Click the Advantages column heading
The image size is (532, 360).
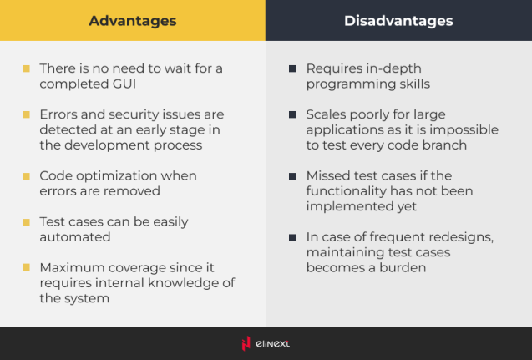click(x=133, y=21)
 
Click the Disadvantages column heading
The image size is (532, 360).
click(x=398, y=21)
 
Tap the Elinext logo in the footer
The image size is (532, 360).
click(x=266, y=343)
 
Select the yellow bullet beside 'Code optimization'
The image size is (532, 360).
click(x=27, y=176)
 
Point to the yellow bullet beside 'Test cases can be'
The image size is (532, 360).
click(x=27, y=222)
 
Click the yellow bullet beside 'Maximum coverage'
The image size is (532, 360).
click(x=27, y=268)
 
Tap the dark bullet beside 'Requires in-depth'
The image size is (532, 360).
click(x=292, y=68)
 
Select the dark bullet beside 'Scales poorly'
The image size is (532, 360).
click(x=292, y=114)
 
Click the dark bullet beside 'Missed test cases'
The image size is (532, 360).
click(x=292, y=176)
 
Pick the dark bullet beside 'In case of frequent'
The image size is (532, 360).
click(x=292, y=237)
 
